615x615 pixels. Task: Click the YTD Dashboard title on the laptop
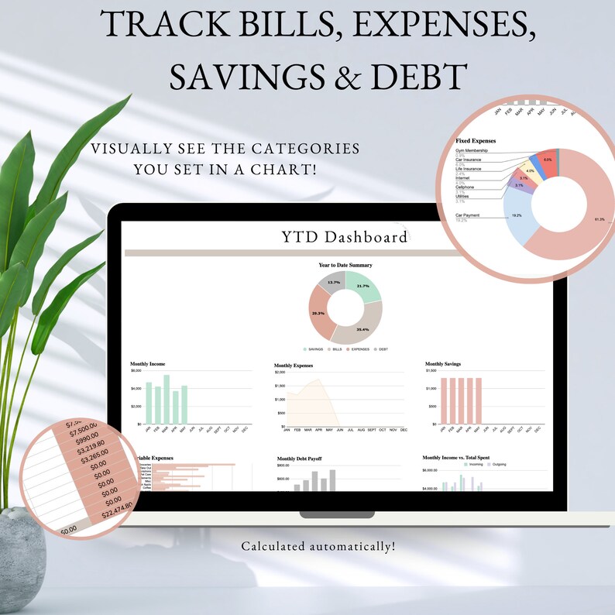tap(345, 236)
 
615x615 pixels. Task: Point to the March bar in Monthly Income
tap(166, 400)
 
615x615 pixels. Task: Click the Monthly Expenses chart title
tap(295, 365)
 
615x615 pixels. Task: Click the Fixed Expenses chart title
tap(476, 141)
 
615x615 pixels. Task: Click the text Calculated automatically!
tap(318, 546)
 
